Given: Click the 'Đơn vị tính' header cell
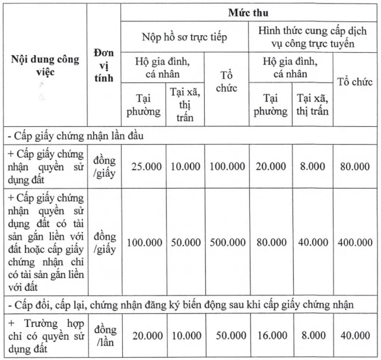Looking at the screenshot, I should (103, 67).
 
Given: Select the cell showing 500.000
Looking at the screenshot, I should (227, 242).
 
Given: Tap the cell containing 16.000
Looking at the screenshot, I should (271, 335).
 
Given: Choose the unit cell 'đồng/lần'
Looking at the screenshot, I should (104, 335).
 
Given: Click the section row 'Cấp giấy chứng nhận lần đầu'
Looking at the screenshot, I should (89, 135).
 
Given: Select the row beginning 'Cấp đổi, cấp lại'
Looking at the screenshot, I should (178, 305).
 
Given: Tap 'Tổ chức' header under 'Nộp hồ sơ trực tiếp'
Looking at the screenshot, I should (227, 82).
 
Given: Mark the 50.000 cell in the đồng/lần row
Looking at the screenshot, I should (227, 335).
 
